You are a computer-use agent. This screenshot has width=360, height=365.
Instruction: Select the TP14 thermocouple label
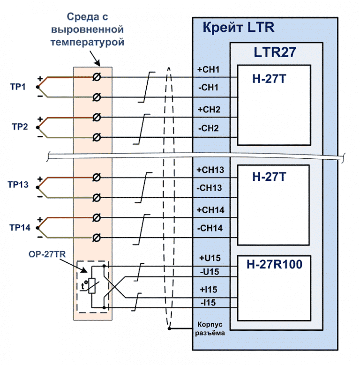coord(20,228)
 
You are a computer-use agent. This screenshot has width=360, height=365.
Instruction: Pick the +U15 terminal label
coord(209,257)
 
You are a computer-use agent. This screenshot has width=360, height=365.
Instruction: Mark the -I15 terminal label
coord(208,303)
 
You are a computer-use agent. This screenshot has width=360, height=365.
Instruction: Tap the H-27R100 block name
coord(274,265)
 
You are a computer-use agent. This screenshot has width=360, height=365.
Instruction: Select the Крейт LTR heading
coord(238,27)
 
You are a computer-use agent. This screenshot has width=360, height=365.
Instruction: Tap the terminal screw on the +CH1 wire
coord(97,77)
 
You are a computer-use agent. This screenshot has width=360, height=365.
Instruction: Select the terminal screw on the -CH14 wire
coord(97,238)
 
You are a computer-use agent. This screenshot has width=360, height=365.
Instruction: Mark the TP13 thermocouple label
coord(20,185)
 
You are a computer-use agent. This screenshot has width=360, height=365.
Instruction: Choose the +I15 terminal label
coord(208,289)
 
